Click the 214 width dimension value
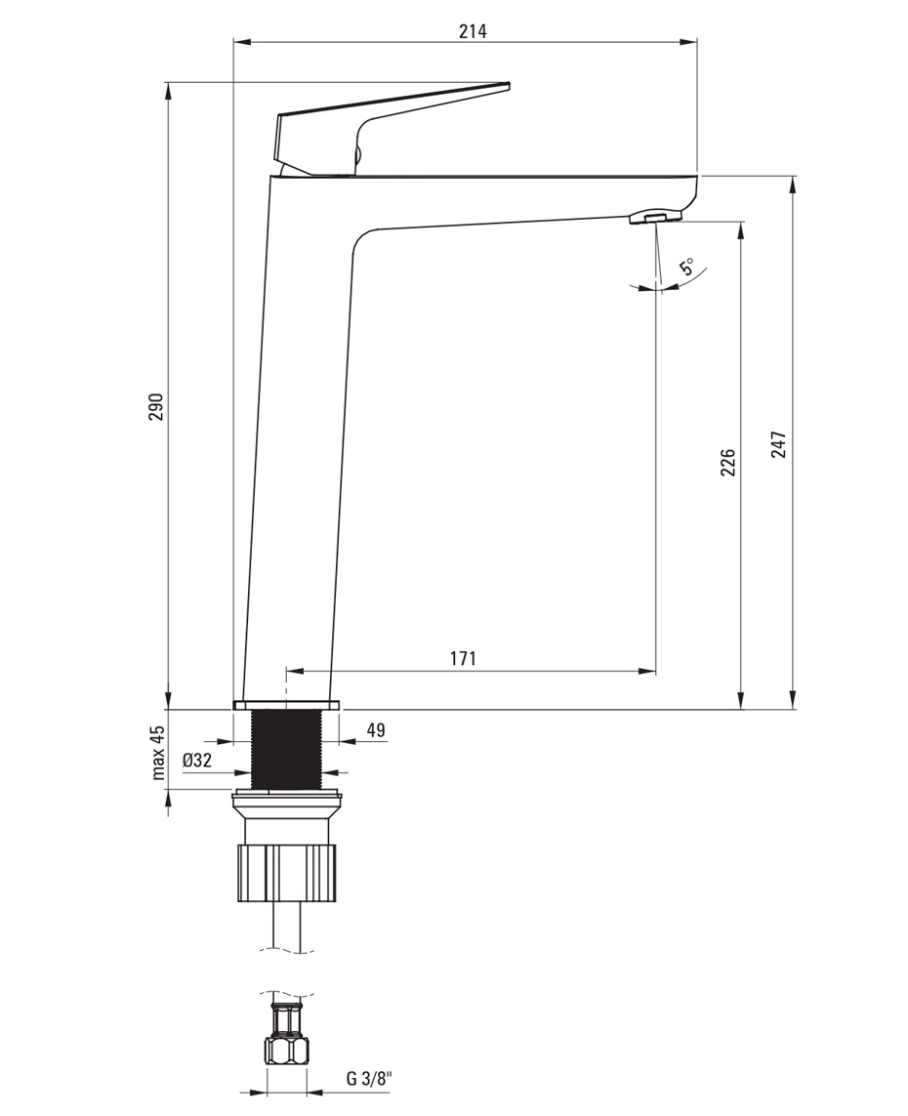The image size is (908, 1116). (473, 31)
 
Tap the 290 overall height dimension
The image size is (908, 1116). (156, 406)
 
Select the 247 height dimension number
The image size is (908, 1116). (779, 444)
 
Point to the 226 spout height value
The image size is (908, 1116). (727, 463)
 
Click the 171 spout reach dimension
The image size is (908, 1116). (463, 658)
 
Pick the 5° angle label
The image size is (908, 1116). (687, 268)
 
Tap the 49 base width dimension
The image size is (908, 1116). (376, 729)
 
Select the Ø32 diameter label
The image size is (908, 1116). (197, 761)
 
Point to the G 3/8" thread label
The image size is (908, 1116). (369, 1098)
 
